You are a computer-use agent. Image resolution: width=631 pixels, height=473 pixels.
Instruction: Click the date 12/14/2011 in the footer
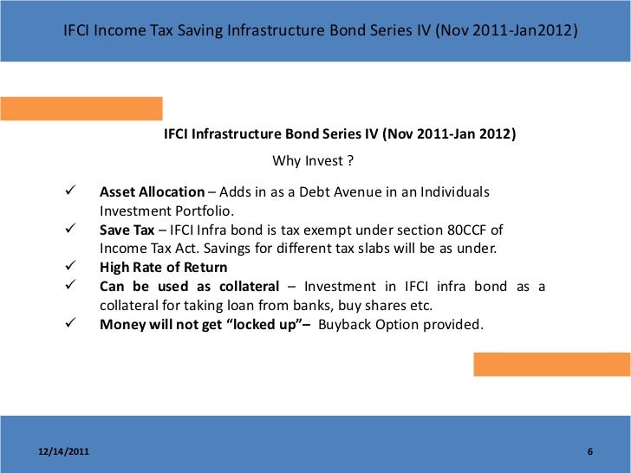[62, 453]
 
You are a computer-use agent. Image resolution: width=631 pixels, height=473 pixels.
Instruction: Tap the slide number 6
[589, 453]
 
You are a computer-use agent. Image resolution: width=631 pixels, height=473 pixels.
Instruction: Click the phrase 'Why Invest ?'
[313, 160]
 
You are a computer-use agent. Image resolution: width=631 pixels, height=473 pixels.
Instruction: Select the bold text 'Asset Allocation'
[152, 191]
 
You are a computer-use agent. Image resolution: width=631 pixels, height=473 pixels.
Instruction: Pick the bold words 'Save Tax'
[127, 230]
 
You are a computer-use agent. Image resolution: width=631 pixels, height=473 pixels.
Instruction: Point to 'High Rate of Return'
[163, 268]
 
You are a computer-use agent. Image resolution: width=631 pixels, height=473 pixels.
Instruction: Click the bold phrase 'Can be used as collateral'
[189, 287]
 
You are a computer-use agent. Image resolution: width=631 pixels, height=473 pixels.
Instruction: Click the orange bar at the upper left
[81, 108]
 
